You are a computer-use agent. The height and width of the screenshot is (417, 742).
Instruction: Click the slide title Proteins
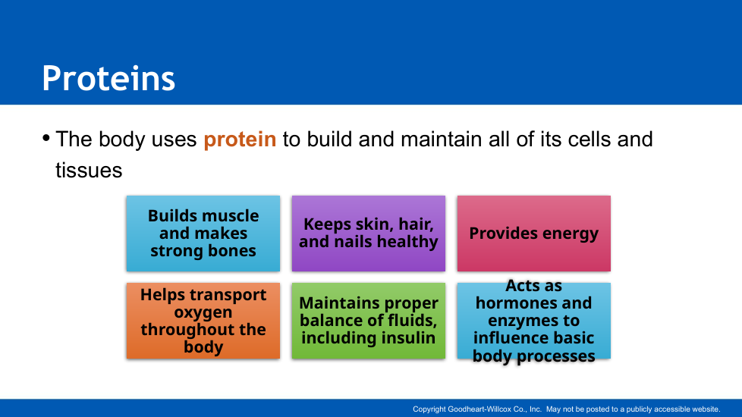(x=108, y=78)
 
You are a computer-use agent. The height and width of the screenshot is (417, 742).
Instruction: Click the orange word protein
(x=240, y=140)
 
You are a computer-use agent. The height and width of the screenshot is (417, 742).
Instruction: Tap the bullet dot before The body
(x=46, y=138)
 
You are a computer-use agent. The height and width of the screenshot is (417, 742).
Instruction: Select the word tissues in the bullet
(x=89, y=170)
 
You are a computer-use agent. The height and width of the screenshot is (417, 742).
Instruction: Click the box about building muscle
(x=203, y=234)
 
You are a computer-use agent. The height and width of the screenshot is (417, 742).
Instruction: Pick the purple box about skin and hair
(x=369, y=234)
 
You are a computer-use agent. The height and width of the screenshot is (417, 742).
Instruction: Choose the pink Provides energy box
(x=534, y=234)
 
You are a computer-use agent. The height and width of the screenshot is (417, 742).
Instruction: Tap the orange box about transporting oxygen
(x=203, y=321)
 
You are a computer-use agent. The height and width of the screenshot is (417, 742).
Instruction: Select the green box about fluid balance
(x=369, y=321)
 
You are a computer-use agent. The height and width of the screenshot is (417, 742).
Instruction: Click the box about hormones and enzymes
(x=534, y=321)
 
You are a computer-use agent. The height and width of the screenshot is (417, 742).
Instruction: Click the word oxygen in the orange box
(x=203, y=312)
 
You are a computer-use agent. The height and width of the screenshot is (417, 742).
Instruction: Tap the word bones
(x=231, y=250)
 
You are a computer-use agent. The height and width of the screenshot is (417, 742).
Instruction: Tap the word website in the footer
(x=706, y=409)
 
